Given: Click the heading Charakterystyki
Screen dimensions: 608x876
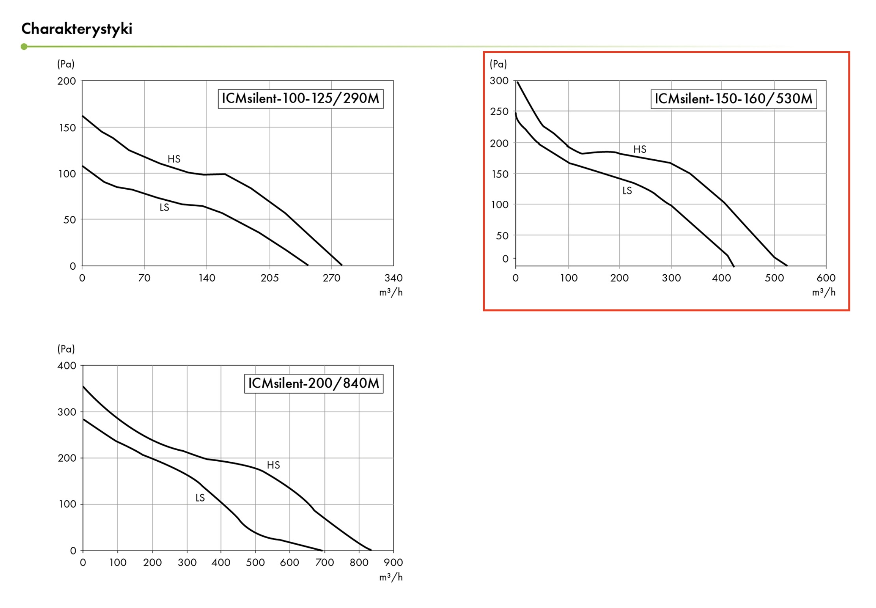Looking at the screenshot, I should pyautogui.click(x=77, y=29).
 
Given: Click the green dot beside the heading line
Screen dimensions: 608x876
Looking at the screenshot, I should pyautogui.click(x=24, y=47).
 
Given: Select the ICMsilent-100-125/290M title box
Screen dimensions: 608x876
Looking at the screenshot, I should pyautogui.click(x=301, y=99).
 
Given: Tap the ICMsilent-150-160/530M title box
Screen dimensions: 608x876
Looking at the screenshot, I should pyautogui.click(x=733, y=99).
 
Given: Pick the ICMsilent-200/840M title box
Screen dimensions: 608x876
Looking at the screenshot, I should pyautogui.click(x=314, y=383).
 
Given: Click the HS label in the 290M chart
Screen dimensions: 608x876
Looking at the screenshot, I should pyautogui.click(x=174, y=159).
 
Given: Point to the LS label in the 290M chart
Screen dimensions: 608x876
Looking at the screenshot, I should pyautogui.click(x=164, y=207).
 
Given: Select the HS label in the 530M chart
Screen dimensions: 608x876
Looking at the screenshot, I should pyautogui.click(x=640, y=149).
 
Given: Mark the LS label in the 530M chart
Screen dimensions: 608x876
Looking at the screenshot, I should pyautogui.click(x=627, y=191).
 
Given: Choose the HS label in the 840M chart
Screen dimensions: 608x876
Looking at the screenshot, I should pyautogui.click(x=273, y=465).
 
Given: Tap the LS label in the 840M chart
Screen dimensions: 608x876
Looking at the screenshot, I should pyautogui.click(x=200, y=498).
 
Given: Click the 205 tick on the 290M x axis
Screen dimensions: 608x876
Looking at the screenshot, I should pyautogui.click(x=270, y=278).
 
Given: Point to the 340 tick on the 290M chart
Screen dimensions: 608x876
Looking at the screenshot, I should pyautogui.click(x=393, y=278).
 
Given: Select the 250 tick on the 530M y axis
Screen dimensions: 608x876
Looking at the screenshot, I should pyautogui.click(x=499, y=112).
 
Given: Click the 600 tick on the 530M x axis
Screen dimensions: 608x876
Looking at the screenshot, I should pyautogui.click(x=826, y=278).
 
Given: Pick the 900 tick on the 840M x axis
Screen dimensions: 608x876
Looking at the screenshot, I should pyautogui.click(x=393, y=563).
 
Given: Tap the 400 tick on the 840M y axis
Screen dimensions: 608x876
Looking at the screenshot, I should pyautogui.click(x=67, y=366).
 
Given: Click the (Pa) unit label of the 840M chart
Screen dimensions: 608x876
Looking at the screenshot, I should pyautogui.click(x=66, y=349).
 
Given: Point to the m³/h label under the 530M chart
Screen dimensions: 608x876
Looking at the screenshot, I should pyautogui.click(x=824, y=292).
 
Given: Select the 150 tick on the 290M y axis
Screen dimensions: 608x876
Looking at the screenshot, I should pyautogui.click(x=67, y=128).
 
